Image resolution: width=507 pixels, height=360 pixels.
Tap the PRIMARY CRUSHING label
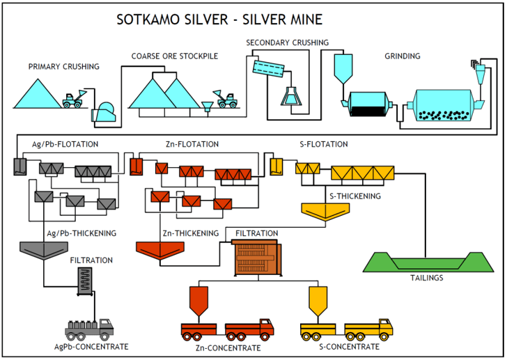[x=63, y=67]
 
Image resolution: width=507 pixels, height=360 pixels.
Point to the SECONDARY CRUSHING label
[x=287, y=43]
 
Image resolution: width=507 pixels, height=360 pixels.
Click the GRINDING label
[x=403, y=56]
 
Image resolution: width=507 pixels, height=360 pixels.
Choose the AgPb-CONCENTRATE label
[x=91, y=346]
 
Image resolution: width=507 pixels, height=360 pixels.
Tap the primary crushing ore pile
[x=36, y=94]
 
